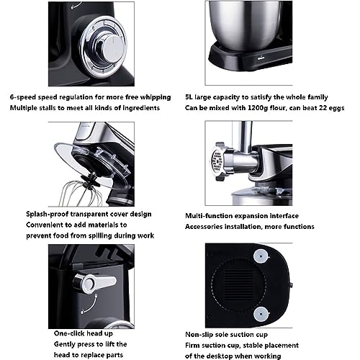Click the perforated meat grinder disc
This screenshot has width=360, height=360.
pyautogui.click(x=217, y=161)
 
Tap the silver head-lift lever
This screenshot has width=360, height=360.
pyautogui.click(x=95, y=282)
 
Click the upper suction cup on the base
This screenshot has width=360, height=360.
pyautogui.click(x=261, y=256)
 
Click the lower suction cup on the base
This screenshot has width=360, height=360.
pyautogui.click(x=261, y=314)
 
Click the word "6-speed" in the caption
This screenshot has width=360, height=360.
pyautogui.click(x=23, y=97)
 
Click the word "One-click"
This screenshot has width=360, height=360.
pyautogui.click(x=69, y=333)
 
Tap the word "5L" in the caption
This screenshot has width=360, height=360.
pyautogui.click(x=189, y=97)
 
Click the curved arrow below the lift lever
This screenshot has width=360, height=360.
pyautogui.click(x=89, y=304)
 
